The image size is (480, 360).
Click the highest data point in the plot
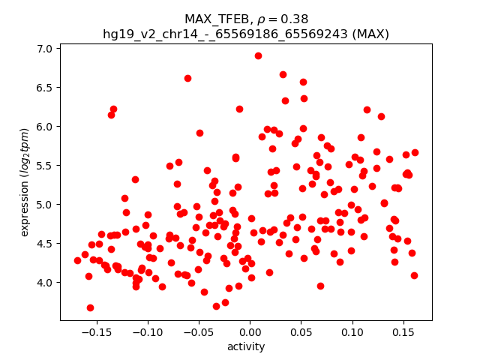(258, 55)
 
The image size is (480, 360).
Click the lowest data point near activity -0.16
(90, 307)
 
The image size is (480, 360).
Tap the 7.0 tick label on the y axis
(46, 49)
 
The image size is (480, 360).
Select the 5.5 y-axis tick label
(46, 166)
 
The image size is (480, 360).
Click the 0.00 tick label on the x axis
(250, 331)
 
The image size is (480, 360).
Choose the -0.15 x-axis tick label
(97, 331)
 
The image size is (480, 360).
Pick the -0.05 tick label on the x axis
(199, 331)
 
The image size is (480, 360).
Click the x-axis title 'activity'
(246, 346)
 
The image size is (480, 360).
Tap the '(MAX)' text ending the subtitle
(371, 34)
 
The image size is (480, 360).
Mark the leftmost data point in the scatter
(77, 260)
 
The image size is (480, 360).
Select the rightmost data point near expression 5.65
(415, 152)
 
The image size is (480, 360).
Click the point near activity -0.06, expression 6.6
(187, 78)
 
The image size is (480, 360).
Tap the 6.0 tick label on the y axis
(46, 127)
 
